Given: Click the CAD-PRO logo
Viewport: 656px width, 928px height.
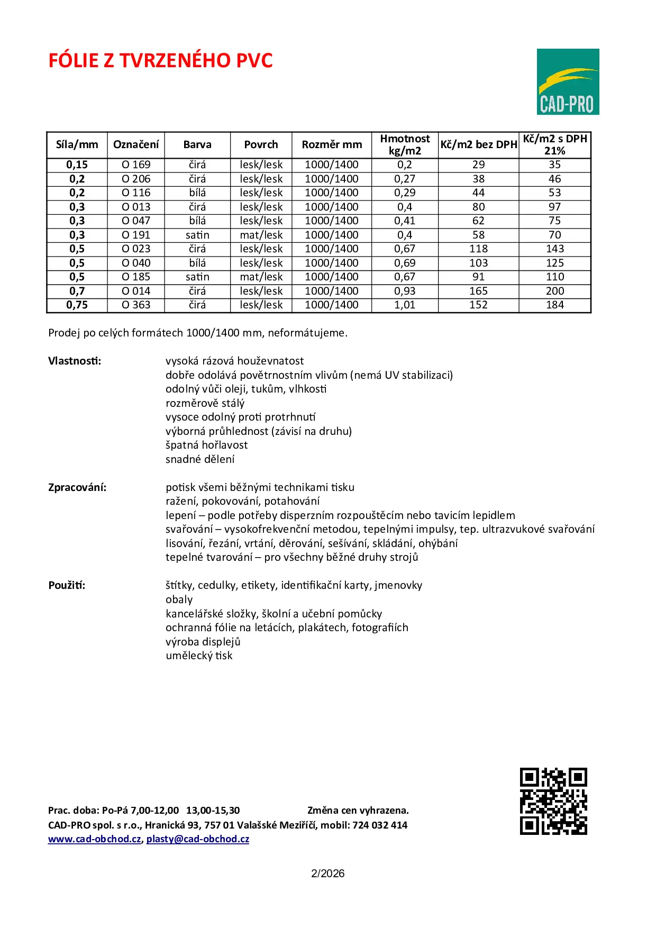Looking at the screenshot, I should click(568, 81).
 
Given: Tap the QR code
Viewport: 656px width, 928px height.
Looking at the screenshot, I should click(553, 801).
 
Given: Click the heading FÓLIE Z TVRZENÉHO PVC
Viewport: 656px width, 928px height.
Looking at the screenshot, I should click(160, 61).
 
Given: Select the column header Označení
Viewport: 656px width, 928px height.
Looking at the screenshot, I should click(136, 144).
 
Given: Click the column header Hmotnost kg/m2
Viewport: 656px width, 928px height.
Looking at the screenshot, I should click(405, 144).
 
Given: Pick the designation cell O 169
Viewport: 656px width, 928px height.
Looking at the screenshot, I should click(136, 165).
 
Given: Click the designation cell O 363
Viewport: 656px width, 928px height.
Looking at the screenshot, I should click(136, 305).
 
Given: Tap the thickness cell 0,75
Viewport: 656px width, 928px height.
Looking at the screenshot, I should click(77, 305).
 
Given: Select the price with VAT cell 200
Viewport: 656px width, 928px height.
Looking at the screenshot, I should click(554, 291).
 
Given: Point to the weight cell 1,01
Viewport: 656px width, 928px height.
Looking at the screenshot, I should click(405, 305).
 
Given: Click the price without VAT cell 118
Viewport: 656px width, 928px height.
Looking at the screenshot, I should click(478, 249).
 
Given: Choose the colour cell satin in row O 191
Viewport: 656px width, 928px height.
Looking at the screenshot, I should click(197, 235).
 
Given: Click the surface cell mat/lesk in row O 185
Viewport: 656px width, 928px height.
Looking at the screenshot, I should click(261, 277).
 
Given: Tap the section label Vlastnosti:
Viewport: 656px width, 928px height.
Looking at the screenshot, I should click(75, 361).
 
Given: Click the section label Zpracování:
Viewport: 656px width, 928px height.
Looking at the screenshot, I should click(77, 487).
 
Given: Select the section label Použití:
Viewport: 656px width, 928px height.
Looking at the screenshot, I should click(67, 585).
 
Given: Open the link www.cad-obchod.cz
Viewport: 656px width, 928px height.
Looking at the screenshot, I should click(95, 839).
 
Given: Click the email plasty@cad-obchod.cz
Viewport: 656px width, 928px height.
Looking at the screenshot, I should click(198, 839).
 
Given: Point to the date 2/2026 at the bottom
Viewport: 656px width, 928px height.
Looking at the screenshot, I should click(327, 874).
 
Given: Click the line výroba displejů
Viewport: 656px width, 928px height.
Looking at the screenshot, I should click(203, 642).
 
